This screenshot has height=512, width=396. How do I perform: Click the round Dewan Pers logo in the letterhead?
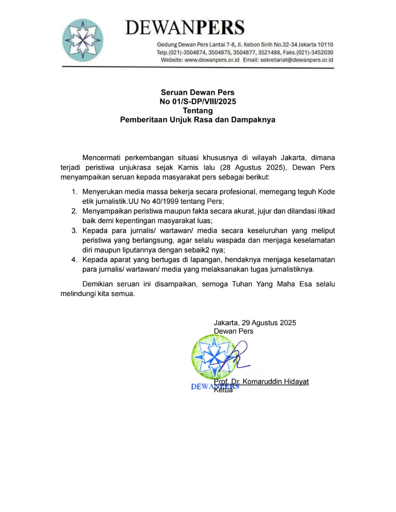coord(83,40)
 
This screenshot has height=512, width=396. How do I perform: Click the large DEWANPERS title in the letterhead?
coord(185,28)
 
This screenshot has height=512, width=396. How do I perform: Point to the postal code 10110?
coord(325,45)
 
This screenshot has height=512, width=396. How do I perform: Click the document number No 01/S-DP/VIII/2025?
coord(198,102)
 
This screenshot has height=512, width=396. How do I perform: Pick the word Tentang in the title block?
coord(198,111)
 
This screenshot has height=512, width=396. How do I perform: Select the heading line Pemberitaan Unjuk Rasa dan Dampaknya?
coord(198,120)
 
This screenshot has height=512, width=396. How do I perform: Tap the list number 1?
coord(74,192)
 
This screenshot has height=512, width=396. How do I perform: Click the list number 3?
coord(74,231)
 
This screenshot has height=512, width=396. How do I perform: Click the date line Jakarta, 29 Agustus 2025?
coord(255,323)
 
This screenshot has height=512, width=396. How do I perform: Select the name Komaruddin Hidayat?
coord(275,382)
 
